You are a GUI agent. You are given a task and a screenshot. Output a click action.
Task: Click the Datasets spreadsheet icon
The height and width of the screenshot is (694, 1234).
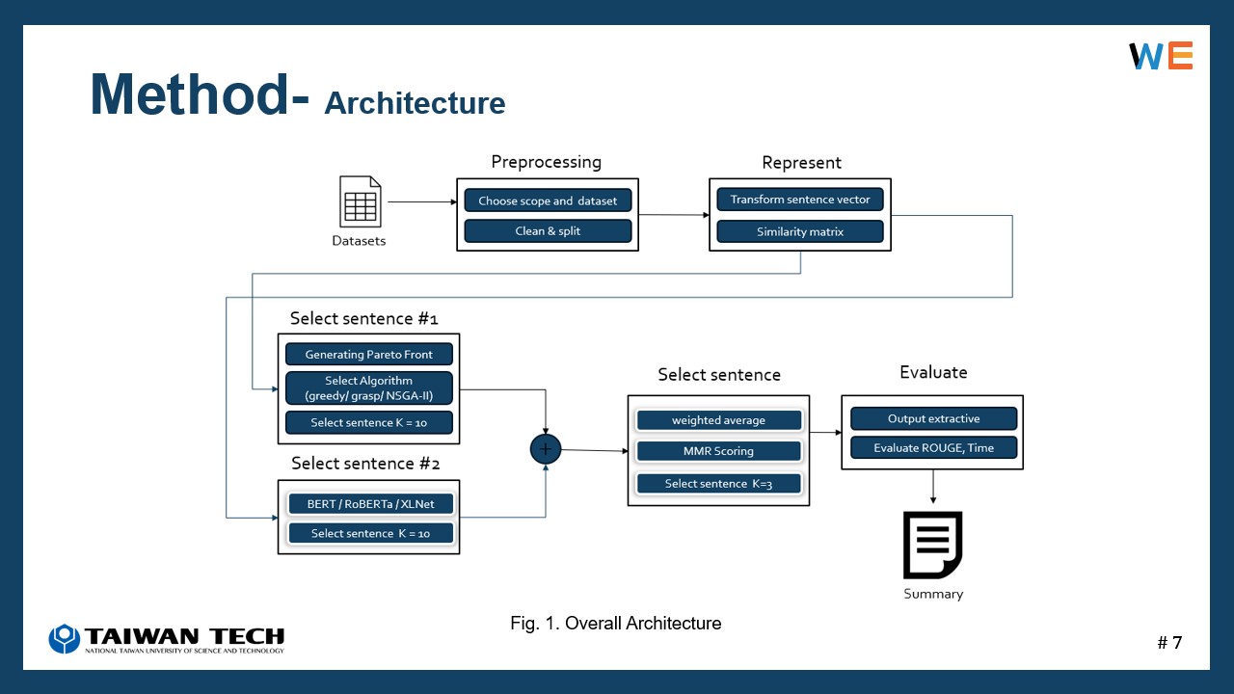[361, 201]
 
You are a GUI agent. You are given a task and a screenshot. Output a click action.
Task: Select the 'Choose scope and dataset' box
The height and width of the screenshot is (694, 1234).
[548, 200]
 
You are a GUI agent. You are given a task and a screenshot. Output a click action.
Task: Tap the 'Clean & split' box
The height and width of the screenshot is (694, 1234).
[548, 230]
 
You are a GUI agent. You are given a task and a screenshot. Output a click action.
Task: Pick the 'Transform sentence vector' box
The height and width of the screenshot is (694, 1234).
[800, 200]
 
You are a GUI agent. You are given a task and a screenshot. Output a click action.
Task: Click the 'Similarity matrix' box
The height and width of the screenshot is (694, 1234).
[800, 231]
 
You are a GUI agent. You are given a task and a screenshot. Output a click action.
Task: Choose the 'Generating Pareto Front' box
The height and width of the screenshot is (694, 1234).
[369, 354]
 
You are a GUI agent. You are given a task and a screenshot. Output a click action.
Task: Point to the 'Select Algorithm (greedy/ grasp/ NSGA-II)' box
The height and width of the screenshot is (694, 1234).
[369, 387]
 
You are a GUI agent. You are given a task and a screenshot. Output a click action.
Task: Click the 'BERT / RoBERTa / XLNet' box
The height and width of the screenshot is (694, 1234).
[371, 503]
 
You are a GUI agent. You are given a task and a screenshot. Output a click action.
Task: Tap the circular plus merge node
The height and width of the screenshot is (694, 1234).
[546, 449]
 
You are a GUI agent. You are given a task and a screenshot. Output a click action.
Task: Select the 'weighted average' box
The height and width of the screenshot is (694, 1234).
[718, 419]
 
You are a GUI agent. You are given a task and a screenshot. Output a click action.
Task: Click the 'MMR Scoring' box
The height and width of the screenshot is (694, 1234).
[718, 450]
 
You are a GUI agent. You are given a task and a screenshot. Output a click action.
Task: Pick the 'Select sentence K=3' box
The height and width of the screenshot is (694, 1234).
[718, 483]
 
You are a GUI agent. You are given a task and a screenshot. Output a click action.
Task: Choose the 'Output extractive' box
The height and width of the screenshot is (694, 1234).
[934, 418]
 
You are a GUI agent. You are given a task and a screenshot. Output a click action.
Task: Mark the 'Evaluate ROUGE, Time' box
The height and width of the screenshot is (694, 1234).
[934, 448]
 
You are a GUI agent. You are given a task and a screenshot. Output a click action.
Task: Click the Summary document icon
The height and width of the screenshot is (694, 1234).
[932, 546]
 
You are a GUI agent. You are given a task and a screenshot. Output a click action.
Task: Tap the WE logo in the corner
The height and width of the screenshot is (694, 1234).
[1161, 55]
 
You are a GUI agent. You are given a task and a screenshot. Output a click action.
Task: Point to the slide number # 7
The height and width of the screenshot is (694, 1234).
[1169, 642]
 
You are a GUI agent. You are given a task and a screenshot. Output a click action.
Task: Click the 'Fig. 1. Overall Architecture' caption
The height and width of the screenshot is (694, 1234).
[615, 623]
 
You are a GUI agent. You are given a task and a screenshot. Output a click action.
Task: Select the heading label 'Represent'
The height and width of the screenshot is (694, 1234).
[801, 163]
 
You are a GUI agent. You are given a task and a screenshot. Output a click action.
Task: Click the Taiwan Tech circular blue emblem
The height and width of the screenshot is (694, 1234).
[65, 638]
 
